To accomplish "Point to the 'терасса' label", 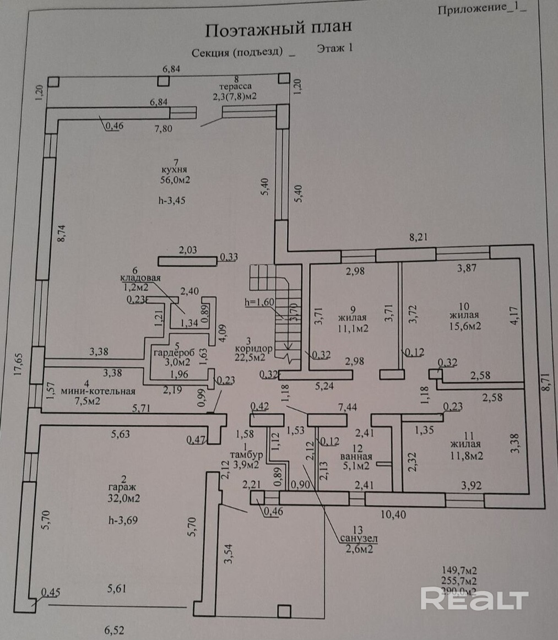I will point(235,86).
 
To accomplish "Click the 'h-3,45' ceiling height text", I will point(171,200).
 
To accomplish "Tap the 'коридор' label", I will point(253,349).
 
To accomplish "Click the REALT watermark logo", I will point(474,599).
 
